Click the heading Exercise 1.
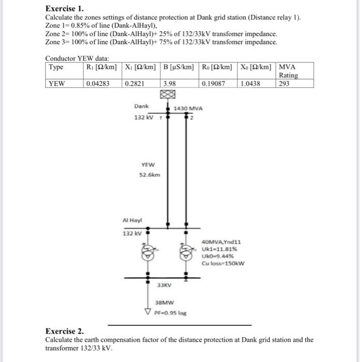pyautogui.click(x=65, y=9)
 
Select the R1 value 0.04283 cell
pyautogui.click(x=98, y=83)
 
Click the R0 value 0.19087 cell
pyautogui.click(x=213, y=83)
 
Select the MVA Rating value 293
pyautogui.click(x=284, y=83)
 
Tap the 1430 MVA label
pyautogui.click(x=189, y=109)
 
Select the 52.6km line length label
pyautogui.click(x=150, y=174)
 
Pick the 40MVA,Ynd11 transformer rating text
pyautogui.click(x=221, y=241)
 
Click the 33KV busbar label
pyautogui.click(x=164, y=285)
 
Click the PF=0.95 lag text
pyautogui.click(x=170, y=312)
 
